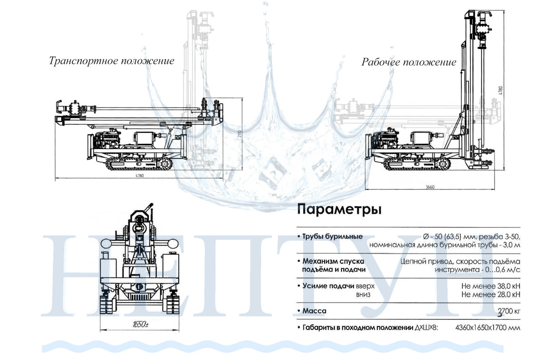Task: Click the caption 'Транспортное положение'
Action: [112, 61]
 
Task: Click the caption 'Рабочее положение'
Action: [409, 62]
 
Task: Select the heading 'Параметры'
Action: [339, 210]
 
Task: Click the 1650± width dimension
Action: [140, 324]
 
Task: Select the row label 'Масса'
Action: [314, 311]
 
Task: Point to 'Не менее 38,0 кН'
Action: [490, 286]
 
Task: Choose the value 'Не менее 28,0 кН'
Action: [490, 295]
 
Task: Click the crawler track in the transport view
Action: [139, 165]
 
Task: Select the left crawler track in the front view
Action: [107, 304]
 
